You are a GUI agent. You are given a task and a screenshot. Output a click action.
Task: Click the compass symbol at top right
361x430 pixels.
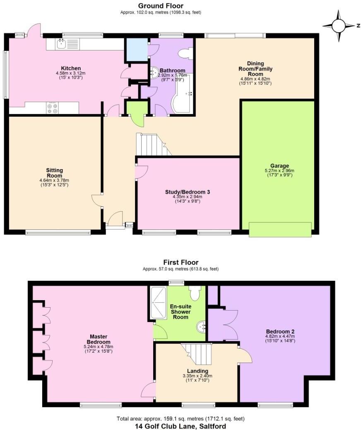click(338, 26)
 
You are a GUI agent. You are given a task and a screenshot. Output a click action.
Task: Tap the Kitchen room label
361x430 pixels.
click(71, 68)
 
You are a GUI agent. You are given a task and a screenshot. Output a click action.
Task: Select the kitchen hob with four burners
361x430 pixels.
click(52, 107)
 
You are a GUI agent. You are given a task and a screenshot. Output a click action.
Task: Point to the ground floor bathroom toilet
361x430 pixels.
click(185, 53)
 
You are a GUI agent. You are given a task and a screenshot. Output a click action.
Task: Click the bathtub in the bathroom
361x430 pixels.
click(181, 93)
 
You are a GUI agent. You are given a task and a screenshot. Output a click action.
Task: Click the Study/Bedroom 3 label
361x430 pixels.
click(188, 192)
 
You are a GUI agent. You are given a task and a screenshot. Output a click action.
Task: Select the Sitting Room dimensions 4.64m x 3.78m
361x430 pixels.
click(54, 180)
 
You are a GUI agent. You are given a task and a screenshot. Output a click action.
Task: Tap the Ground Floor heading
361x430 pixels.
click(161, 6)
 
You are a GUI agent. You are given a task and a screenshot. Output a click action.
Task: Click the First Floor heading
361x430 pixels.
click(180, 262)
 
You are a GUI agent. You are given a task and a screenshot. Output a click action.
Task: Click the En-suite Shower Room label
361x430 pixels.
click(180, 311)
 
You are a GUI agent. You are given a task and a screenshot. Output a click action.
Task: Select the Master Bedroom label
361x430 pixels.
click(98, 339)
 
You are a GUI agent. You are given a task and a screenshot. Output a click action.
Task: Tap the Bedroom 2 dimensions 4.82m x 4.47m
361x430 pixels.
click(280, 337)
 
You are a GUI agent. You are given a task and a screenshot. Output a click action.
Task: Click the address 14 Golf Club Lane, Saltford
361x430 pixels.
click(180, 426)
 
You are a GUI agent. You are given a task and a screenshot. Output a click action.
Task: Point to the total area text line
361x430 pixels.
click(180, 418)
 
